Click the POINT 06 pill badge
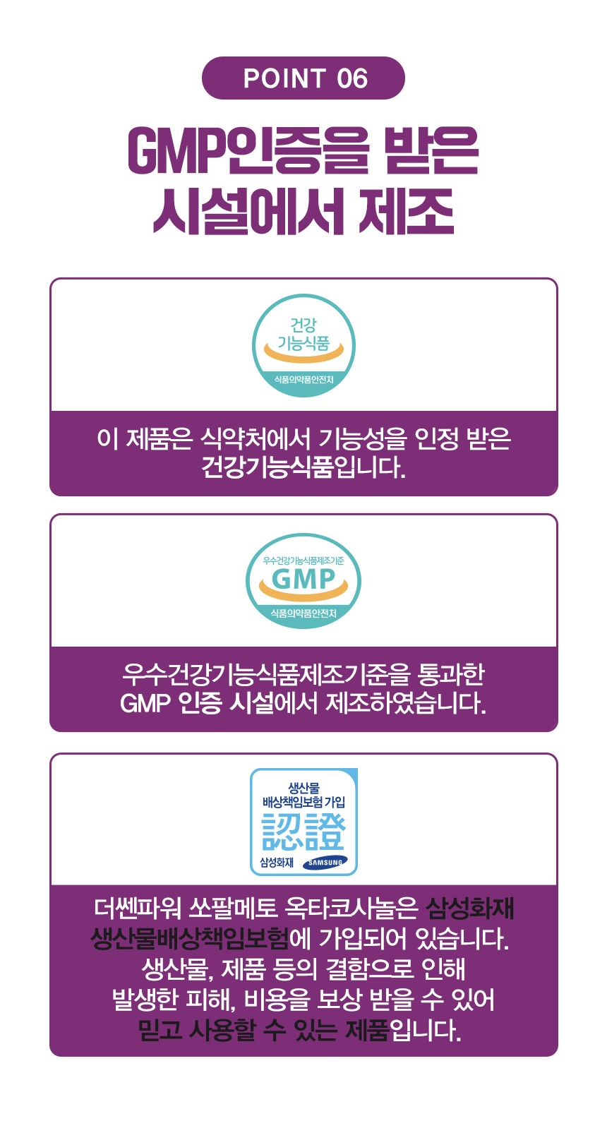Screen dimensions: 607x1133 pyautogui.click(x=303, y=78)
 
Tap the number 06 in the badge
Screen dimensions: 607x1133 pyautogui.click(x=352, y=78)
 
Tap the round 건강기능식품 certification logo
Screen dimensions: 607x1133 pyautogui.click(x=303, y=345)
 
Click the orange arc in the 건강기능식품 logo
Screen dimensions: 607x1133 pyautogui.click(x=303, y=353)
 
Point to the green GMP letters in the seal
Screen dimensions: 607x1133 pyautogui.click(x=303, y=579)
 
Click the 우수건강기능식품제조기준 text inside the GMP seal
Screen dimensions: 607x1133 pyautogui.click(x=303, y=560)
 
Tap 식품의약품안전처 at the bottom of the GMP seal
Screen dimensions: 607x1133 pyautogui.click(x=303, y=613)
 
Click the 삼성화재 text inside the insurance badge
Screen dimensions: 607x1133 pyautogui.click(x=277, y=863)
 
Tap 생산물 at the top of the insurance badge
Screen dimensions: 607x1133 pyautogui.click(x=303, y=788)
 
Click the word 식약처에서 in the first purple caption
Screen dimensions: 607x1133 pyautogui.click(x=255, y=438)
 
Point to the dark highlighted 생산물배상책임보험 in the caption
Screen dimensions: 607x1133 pyautogui.click(x=191, y=940)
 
